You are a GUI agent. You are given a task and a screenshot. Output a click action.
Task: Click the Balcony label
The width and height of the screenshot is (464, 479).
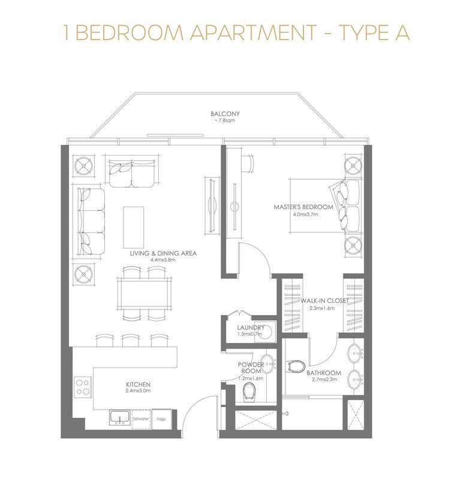click(x=225, y=114)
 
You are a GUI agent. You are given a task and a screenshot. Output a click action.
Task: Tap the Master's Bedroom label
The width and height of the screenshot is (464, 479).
click(x=303, y=207)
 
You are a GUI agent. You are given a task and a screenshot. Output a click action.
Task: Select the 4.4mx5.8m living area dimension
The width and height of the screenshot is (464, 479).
click(x=162, y=260)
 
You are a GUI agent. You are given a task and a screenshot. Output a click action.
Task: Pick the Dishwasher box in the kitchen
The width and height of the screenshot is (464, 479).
click(x=141, y=419)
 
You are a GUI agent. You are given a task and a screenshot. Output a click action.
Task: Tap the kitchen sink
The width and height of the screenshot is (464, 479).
click(x=119, y=417)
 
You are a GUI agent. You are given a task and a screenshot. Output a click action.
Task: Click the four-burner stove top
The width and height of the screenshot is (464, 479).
click(x=83, y=387)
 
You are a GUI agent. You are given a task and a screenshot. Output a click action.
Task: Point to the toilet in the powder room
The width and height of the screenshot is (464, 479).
click(x=249, y=393)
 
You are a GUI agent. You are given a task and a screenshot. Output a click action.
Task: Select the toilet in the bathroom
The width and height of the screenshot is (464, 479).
click(x=296, y=366)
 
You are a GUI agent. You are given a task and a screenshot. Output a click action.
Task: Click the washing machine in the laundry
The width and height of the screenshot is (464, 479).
click(x=264, y=332)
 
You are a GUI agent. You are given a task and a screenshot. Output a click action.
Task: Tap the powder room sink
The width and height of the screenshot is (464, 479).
click(x=268, y=364)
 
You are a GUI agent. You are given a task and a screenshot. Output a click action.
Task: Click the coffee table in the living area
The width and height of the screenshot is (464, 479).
click(x=133, y=228)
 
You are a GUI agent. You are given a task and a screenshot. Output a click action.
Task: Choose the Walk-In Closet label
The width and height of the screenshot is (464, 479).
click(x=324, y=301)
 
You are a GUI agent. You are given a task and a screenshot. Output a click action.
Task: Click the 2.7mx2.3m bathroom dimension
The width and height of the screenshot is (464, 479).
click(x=324, y=380)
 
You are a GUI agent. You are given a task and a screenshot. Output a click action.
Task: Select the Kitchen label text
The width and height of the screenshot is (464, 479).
click(x=138, y=384)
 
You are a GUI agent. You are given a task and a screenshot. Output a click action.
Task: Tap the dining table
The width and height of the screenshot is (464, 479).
click(x=144, y=294)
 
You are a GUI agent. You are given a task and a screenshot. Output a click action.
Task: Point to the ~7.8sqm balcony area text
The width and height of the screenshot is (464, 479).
click(x=225, y=121)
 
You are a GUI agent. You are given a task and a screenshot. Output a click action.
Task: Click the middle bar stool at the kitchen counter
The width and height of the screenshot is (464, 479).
click(x=131, y=340)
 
